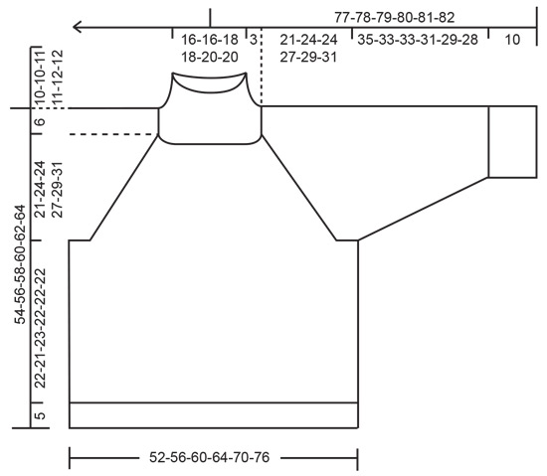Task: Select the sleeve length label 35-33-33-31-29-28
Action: pos(417,40)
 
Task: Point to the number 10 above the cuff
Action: pos(513,40)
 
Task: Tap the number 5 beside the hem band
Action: pos(40,415)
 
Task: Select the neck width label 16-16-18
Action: pos(210,40)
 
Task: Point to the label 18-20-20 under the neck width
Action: pos(210,57)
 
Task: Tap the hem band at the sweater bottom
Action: pos(213,415)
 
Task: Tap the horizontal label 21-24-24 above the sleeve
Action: pos(308,40)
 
